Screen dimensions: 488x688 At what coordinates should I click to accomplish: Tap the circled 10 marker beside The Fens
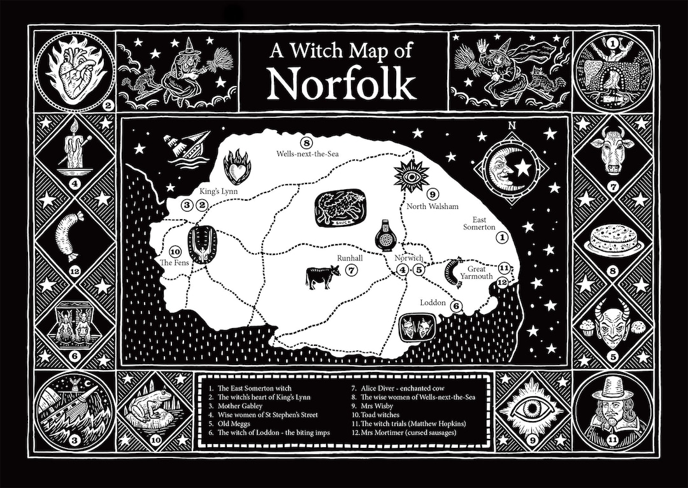click(176, 250)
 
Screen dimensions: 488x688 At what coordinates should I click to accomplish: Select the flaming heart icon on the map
click(238, 166)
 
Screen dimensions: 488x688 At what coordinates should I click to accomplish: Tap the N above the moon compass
click(511, 125)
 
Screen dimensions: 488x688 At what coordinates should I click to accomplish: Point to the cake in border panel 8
click(613, 240)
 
